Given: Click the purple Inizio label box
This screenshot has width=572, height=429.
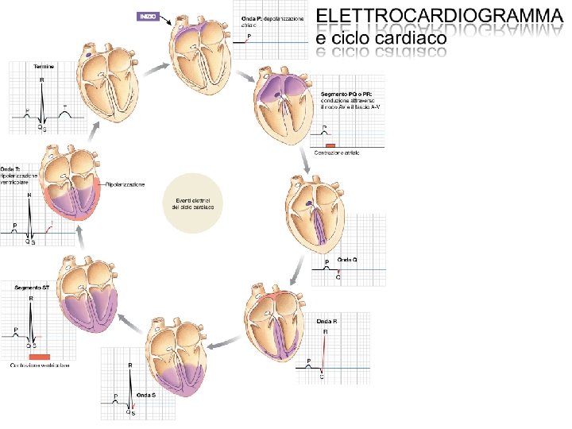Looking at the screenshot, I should point(148,16).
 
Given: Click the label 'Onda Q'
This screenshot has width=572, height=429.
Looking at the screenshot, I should point(348,260).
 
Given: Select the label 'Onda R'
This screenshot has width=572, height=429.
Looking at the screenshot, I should point(327,322).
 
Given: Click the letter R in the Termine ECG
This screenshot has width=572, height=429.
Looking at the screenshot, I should point(42,79).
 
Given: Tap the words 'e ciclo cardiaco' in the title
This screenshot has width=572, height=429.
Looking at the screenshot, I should point(381,38).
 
